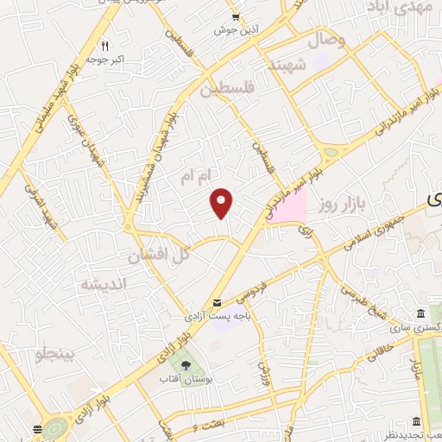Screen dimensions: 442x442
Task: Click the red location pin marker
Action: click(x=222, y=202)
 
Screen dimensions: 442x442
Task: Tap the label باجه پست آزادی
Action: click(x=232, y=317)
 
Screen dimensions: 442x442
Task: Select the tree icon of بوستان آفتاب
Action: click(x=186, y=364)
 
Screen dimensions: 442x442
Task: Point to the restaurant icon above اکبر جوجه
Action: click(x=104, y=46)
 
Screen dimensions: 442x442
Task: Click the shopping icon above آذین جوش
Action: click(x=236, y=16)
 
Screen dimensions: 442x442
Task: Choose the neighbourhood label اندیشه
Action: click(x=104, y=284)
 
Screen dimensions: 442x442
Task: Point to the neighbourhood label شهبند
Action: click(x=287, y=66)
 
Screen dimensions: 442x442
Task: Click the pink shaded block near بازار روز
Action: click(x=287, y=206)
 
